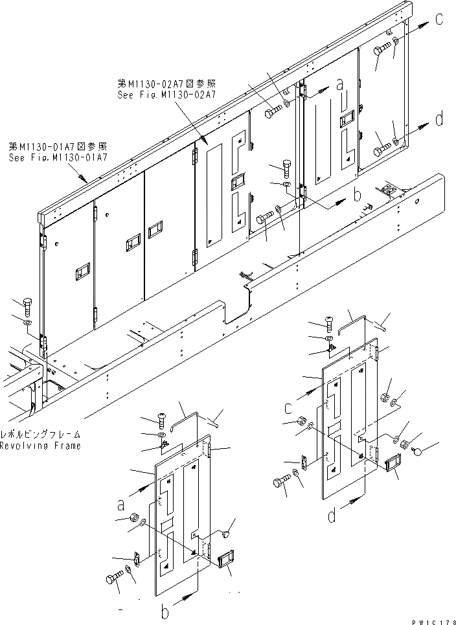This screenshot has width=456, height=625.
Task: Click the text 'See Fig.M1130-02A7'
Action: pos(166,95)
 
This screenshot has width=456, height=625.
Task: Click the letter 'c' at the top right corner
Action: pos(439,19)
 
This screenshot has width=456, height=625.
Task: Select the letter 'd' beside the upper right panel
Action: pos(439,119)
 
